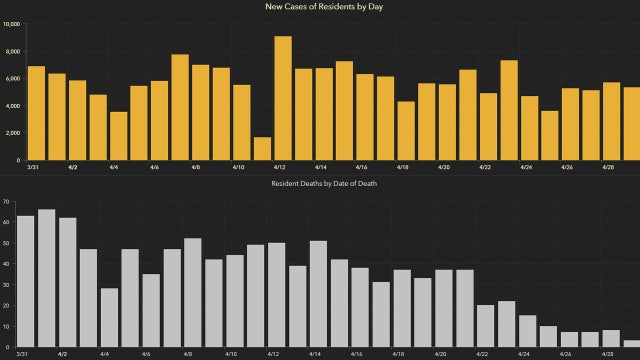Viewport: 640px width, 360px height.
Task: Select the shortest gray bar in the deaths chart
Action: (x=630, y=343)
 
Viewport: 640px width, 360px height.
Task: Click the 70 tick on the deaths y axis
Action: (x=6, y=202)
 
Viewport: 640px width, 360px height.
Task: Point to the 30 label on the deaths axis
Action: (x=6, y=285)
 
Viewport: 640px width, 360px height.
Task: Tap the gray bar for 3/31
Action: (x=26, y=281)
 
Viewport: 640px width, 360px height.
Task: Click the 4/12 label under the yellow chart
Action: (x=278, y=168)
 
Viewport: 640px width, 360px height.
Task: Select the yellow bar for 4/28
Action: (x=611, y=121)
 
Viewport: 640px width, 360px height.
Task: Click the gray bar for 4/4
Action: (x=109, y=317)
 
